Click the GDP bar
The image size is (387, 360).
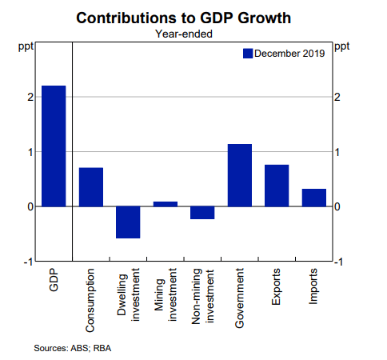(54, 146)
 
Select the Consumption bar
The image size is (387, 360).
(91, 187)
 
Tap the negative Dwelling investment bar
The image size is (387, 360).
(128, 222)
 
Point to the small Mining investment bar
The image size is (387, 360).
(166, 204)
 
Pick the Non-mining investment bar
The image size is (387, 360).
(202, 213)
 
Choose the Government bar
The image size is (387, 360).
(240, 175)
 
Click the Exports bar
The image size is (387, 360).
(277, 186)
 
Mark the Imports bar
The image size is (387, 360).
(314, 198)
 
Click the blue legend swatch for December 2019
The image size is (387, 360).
(248, 54)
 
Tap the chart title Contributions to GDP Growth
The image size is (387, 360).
(183, 18)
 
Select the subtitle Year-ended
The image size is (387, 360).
(184, 34)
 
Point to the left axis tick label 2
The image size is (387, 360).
(30, 97)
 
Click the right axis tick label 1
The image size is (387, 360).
(337, 152)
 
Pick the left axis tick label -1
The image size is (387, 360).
(28, 262)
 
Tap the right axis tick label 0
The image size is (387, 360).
(337, 206)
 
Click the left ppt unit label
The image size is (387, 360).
(26, 47)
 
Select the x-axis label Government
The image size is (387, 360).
(239, 298)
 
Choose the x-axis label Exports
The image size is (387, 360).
(276, 286)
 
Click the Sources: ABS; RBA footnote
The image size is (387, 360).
(73, 348)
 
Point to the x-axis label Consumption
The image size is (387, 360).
(90, 300)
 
